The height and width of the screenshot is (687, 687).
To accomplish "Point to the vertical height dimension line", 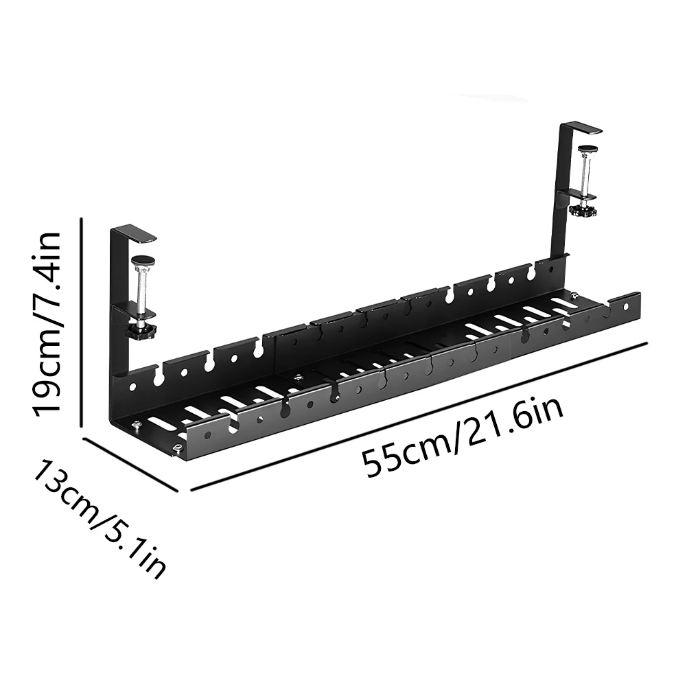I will click(83, 323).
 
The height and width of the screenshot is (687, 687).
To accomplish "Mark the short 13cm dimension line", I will click(130, 464).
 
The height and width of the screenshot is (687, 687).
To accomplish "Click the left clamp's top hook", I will click(137, 235).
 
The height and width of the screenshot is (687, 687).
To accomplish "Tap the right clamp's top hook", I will click(580, 128).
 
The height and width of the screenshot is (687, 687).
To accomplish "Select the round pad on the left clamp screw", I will click(143, 260).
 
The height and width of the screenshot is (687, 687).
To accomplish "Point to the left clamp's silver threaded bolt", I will click(142, 292).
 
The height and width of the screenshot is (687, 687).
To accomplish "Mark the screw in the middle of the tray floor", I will click(299, 377).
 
